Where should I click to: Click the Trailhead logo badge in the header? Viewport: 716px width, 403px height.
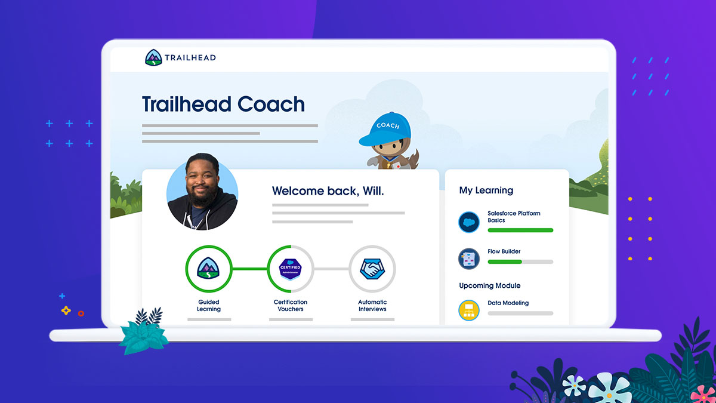153,58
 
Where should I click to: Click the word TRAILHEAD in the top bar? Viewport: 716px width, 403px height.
190,58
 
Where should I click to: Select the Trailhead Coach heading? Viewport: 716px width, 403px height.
223,104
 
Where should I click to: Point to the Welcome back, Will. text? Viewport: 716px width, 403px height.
328,191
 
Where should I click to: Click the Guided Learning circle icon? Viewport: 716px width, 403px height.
208,269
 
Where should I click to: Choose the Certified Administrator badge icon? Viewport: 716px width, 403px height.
290,269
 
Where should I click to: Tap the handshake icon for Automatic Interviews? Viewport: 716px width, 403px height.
372,269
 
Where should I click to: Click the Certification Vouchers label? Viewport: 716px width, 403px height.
290,306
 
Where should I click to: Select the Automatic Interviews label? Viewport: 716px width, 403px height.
372,306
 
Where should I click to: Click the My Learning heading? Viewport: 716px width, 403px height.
486,190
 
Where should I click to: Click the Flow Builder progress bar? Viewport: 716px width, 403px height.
520,262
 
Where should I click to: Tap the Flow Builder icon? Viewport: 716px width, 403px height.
469,259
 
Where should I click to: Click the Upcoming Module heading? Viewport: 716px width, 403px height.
489,285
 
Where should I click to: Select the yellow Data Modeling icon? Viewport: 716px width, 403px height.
469,310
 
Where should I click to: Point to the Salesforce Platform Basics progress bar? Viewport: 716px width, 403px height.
520,230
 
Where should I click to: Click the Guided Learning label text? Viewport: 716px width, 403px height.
208,306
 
